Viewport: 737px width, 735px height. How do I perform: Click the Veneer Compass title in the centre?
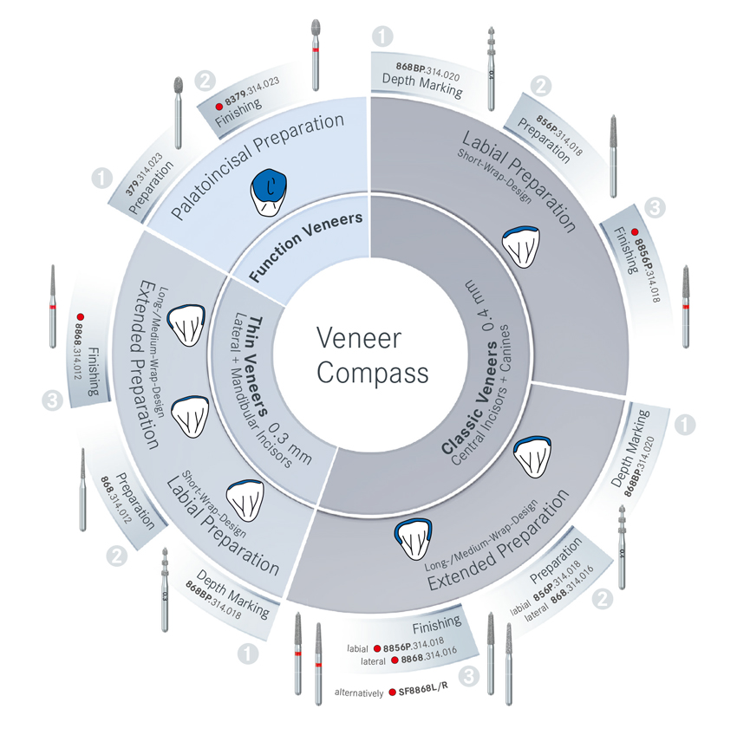point(371,354)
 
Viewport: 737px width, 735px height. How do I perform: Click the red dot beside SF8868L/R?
point(393,693)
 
